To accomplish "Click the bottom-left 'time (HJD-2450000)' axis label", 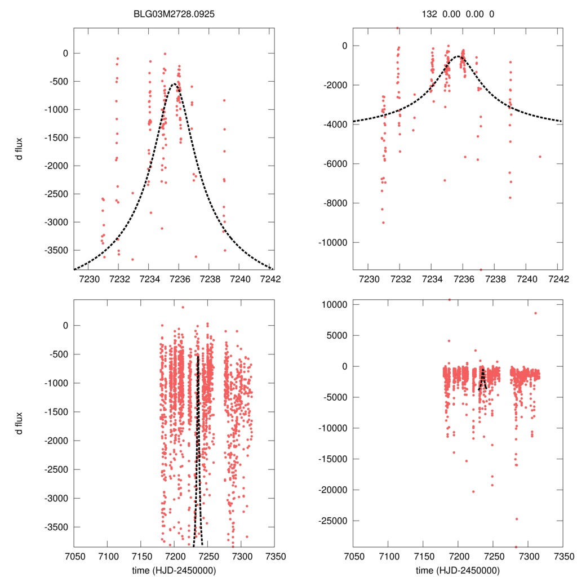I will [x=174, y=570].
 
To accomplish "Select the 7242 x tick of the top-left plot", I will [x=269, y=278].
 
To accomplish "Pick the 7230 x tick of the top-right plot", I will [x=369, y=278].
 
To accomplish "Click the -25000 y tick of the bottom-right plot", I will [x=336, y=521].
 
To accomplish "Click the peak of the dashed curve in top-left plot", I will [x=175, y=83].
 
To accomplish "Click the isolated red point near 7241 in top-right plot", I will [x=539, y=157].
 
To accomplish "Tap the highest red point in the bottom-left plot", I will [x=183, y=307].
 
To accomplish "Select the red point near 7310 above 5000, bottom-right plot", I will [x=535, y=313].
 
